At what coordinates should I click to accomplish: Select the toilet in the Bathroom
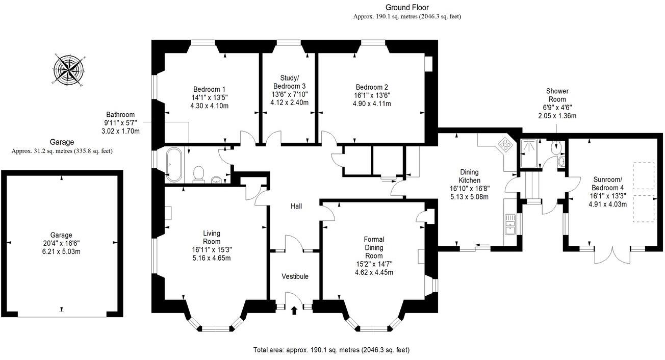point(199,173)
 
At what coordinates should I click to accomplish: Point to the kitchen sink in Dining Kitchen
point(509,224)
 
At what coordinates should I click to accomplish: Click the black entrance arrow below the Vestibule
point(294,310)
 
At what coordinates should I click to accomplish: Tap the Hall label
point(296,207)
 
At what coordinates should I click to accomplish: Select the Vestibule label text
point(295,276)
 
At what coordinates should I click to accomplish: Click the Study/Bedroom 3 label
point(290,82)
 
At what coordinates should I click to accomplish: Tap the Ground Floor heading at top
point(407,7)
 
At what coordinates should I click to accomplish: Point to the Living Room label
point(211,237)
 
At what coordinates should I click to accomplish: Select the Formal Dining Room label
point(374,247)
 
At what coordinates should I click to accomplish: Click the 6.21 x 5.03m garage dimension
point(62,251)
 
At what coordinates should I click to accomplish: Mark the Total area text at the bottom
point(331,350)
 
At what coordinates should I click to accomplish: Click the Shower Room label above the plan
point(558,95)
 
